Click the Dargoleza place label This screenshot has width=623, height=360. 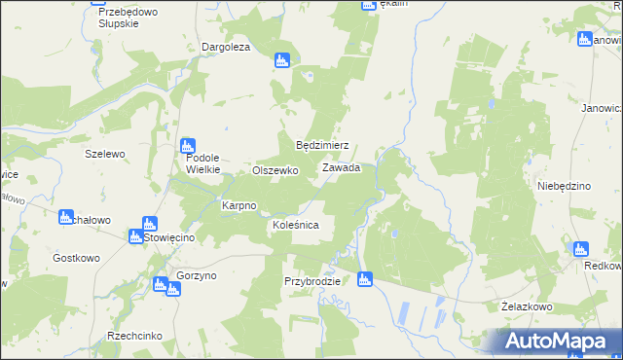point(226,47)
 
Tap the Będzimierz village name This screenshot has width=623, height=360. point(322,145)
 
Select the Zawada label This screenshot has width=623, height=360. point(342,167)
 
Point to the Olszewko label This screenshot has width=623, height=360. point(275,169)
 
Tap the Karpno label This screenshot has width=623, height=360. point(238,206)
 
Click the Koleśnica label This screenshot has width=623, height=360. point(296,225)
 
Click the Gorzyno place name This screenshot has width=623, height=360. point(197,275)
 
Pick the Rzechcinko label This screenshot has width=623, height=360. point(134,336)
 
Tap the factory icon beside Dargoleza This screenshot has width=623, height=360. point(282,60)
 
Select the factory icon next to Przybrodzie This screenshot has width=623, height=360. point(365,280)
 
